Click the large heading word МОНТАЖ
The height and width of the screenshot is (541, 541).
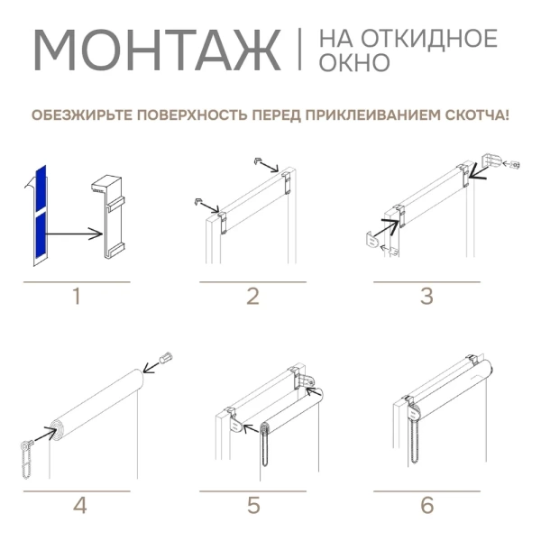(156, 52)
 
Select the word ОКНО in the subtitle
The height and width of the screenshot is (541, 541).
(354, 63)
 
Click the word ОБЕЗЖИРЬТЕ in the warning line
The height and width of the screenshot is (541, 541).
(77, 115)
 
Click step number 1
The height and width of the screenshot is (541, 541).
(77, 296)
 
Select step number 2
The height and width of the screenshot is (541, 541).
(252, 296)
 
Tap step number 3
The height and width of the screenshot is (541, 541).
(426, 296)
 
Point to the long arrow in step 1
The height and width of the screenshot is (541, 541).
(72, 235)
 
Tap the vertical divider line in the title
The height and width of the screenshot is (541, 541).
(299, 50)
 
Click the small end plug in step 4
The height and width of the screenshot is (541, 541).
(165, 358)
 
